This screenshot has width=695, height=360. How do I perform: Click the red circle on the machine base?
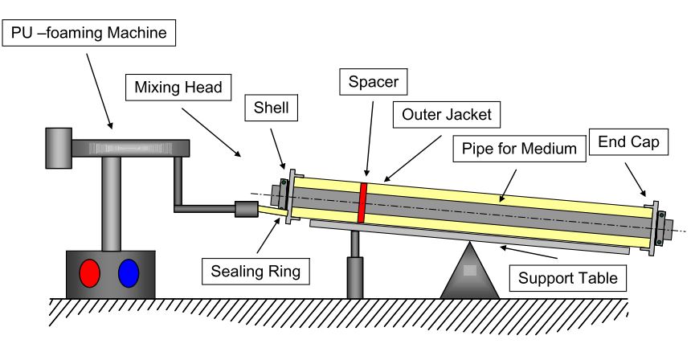point(90,272)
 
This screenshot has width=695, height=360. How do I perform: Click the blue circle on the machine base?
point(129,272)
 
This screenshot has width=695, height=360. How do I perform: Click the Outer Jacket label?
point(447,114)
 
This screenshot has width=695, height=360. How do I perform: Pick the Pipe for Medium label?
point(516,148)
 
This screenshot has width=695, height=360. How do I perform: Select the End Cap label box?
point(628,142)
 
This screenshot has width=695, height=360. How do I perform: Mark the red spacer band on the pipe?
point(363,202)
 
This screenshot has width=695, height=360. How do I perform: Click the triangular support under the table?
point(469,273)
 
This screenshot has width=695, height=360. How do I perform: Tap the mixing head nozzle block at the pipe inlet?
point(245,210)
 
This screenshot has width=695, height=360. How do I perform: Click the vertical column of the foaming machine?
point(110,201)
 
